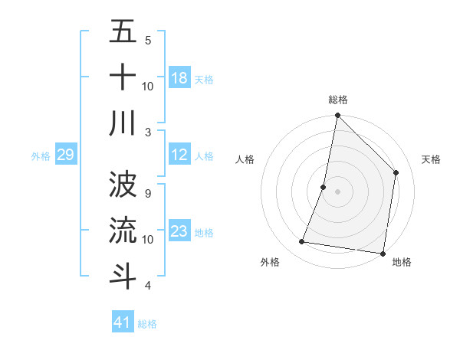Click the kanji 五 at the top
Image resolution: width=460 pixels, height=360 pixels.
coord(123,34)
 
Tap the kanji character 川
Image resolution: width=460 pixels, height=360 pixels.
coord(123,123)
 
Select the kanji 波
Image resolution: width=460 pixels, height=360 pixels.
coord(123,183)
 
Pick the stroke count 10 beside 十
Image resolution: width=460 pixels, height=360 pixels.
coord(148,87)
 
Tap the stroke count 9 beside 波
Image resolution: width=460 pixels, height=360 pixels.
coord(148,193)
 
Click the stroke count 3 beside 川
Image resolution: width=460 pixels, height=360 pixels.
coord(148,133)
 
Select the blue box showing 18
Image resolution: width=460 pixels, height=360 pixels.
coord(179,78)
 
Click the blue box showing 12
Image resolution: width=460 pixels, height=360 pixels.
coord(179,155)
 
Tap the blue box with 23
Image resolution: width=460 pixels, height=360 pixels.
coord(179,231)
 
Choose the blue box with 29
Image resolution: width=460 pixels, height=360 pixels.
coord(65,155)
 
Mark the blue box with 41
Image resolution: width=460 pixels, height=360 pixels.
coord(123,322)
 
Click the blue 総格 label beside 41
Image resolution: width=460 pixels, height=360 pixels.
coord(148,324)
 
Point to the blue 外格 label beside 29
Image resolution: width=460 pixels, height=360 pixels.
coord(41,156)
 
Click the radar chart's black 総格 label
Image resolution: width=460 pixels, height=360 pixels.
coord(338,100)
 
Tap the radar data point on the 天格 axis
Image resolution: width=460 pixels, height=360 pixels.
coord(396,172)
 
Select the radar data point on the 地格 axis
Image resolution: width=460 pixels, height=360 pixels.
coord(382,253)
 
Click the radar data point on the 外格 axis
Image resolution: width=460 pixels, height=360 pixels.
coord(302,242)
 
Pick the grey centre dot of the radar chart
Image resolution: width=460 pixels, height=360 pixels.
coord(338,192)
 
